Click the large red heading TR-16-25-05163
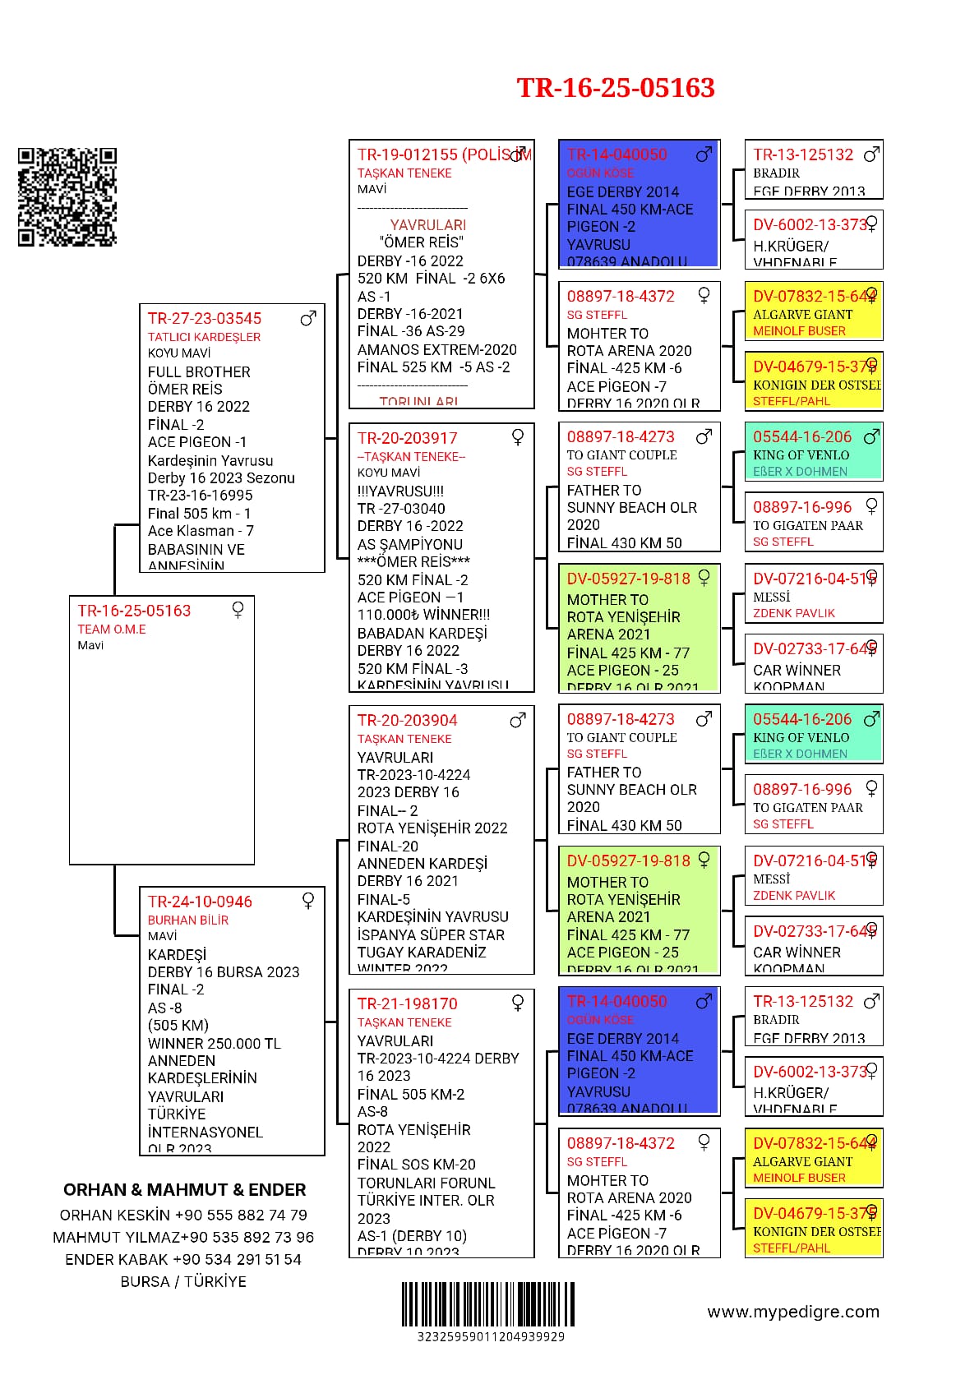pyautogui.click(x=615, y=88)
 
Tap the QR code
pyautogui.click(x=67, y=196)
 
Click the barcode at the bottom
pyautogui.click(x=488, y=1303)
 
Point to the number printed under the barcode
pyautogui.click(x=491, y=1336)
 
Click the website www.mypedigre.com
pyautogui.click(x=792, y=1312)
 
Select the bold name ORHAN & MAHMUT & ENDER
pyautogui.click(x=184, y=1189)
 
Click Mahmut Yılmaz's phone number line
pyautogui.click(x=183, y=1237)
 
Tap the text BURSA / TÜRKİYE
pyautogui.click(x=183, y=1281)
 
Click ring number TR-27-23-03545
pyautogui.click(x=205, y=318)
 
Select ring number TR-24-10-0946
pyautogui.click(x=200, y=902)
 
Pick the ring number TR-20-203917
pyautogui.click(x=407, y=438)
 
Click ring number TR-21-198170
pyautogui.click(x=407, y=1003)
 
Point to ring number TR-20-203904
pyautogui.click(x=407, y=720)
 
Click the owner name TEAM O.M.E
pyautogui.click(x=112, y=629)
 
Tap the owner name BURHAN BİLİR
pyautogui.click(x=188, y=920)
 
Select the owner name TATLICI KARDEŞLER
pyautogui.click(x=204, y=336)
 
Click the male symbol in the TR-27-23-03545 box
pyautogui.click(x=308, y=318)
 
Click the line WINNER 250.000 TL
pyautogui.click(x=214, y=1043)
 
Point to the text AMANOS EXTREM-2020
pyautogui.click(x=436, y=349)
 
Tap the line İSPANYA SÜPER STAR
pyautogui.click(x=431, y=934)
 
